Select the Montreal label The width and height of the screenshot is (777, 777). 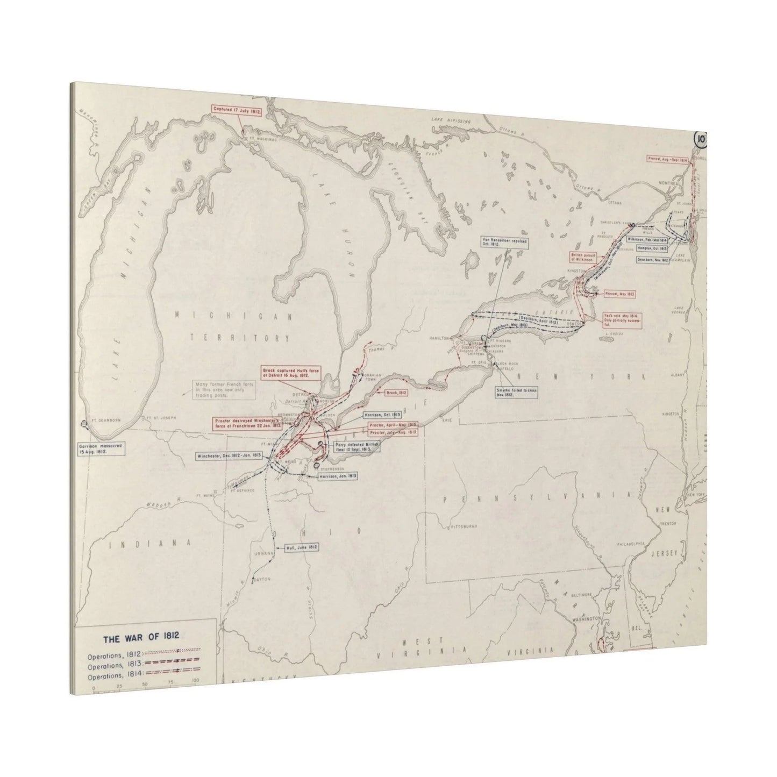(669, 183)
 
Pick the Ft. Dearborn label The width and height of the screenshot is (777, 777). (102, 420)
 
